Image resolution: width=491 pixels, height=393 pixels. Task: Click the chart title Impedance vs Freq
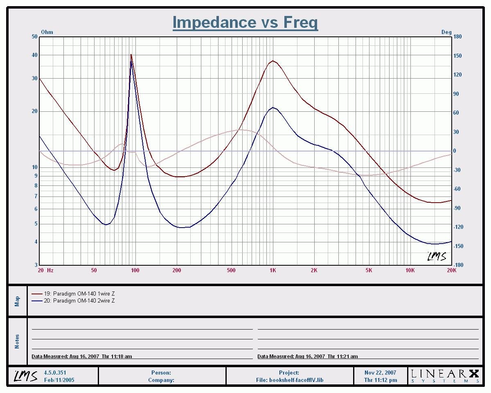245,22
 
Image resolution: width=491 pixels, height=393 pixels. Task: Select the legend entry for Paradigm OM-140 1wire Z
79,294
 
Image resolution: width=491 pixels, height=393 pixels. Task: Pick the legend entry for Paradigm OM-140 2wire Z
79,301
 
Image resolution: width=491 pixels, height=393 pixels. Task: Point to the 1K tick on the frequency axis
273,270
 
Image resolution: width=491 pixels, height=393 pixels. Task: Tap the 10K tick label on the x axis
410,270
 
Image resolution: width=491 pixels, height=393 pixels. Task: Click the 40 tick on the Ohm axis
35,55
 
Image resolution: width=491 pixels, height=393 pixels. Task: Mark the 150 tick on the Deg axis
457,56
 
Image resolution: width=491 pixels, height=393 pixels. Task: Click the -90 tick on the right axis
457,208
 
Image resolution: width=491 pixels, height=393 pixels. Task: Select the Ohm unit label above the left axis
47,32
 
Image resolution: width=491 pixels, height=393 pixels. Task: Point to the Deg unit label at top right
446,32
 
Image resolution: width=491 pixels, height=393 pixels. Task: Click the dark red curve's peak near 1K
273,61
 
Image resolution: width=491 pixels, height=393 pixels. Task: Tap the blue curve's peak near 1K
273,108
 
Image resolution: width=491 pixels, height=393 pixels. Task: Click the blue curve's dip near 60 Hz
106,224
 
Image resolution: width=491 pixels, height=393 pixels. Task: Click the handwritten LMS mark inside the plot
437,256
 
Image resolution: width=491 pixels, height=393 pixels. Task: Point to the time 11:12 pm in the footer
381,380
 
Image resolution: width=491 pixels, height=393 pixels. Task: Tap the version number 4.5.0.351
55,373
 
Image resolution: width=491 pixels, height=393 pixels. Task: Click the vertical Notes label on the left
17,341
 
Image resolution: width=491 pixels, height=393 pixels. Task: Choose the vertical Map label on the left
17,301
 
